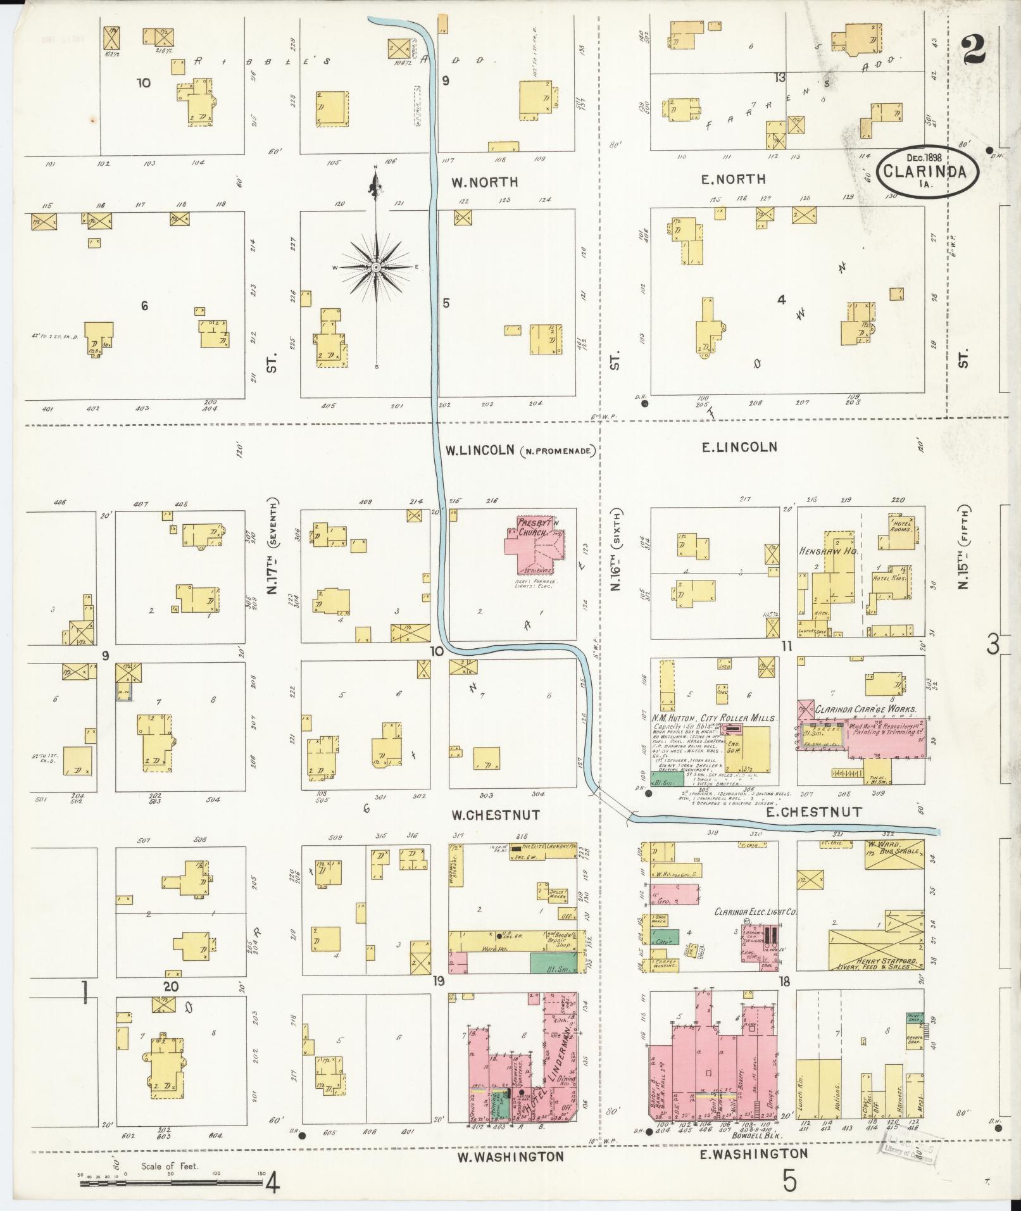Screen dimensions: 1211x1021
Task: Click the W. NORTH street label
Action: point(485,182)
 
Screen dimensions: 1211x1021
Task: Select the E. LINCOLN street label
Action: point(739,447)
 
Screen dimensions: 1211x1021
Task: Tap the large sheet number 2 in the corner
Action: point(974,50)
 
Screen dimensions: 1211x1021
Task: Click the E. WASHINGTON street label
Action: point(753,1154)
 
